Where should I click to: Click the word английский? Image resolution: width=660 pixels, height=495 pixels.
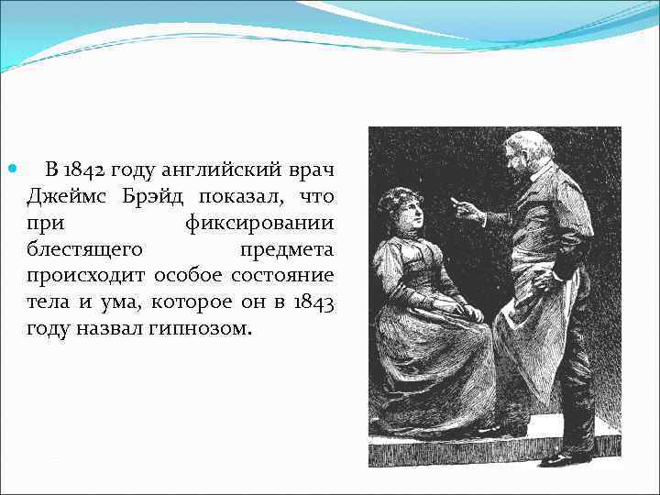[217, 170]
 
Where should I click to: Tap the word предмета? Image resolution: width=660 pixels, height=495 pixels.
[287, 249]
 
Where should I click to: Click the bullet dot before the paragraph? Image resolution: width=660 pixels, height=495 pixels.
[11, 170]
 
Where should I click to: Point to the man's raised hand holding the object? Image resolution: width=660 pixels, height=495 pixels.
[467, 211]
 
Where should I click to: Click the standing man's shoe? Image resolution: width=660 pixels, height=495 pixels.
[561, 457]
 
